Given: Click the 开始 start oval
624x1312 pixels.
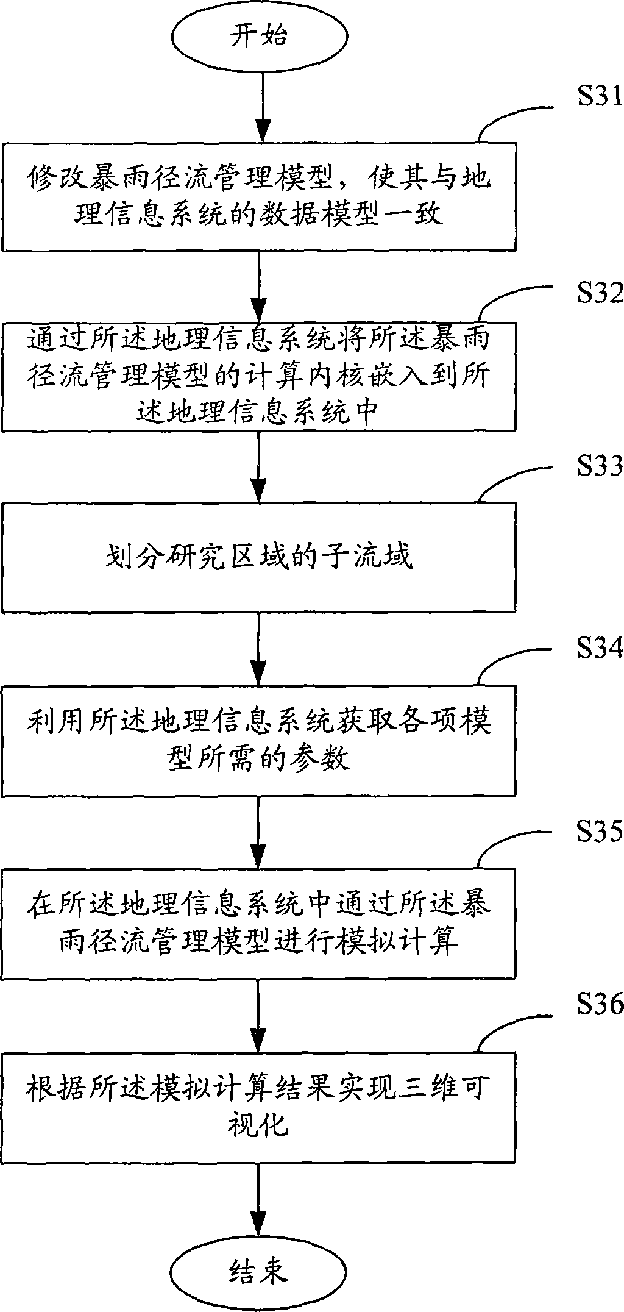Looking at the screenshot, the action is click(x=258, y=36).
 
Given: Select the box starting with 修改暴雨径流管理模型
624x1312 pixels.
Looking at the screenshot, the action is click(x=259, y=196).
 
